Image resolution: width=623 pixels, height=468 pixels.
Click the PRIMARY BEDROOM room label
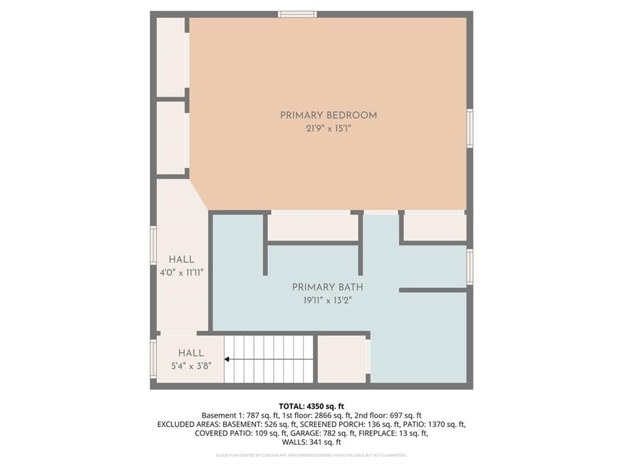(328, 115)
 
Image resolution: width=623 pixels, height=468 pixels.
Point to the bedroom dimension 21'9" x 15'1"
(328, 129)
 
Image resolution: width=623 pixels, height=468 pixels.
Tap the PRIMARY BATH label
(328, 287)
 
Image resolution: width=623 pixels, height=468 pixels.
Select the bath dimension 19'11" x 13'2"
(328, 300)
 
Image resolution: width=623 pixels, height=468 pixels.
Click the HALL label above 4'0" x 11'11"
(181, 260)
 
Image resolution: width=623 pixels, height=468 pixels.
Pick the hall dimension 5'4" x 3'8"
(190, 366)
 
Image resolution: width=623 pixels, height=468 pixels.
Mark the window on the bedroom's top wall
(298, 14)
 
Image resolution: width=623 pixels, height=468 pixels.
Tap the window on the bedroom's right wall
(470, 128)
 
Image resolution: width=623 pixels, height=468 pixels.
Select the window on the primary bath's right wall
(470, 267)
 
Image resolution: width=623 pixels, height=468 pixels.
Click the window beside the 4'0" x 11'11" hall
(153, 245)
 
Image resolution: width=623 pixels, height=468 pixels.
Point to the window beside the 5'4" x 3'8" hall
(153, 359)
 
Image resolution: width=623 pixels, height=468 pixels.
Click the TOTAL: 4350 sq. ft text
(311, 406)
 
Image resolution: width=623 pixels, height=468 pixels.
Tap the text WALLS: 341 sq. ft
(311, 442)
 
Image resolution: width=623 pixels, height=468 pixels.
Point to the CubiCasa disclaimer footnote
(311, 455)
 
